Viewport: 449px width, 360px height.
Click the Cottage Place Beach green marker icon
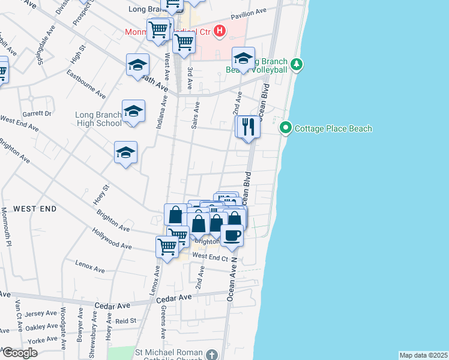click(286, 128)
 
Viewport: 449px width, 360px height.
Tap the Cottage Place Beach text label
click(334, 129)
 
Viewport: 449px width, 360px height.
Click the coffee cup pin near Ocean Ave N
click(232, 235)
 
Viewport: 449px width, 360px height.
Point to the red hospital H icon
click(220, 31)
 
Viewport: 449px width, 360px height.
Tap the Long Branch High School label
click(98, 119)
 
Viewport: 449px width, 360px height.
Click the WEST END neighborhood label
click(35, 209)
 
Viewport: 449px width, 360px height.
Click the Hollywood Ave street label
click(112, 238)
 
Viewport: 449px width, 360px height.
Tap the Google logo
click(20, 353)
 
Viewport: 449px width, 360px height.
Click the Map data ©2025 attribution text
click(423, 355)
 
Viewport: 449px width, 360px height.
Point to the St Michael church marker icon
click(211, 355)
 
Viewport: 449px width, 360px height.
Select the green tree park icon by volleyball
click(296, 64)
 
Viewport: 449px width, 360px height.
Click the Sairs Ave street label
click(196, 115)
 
